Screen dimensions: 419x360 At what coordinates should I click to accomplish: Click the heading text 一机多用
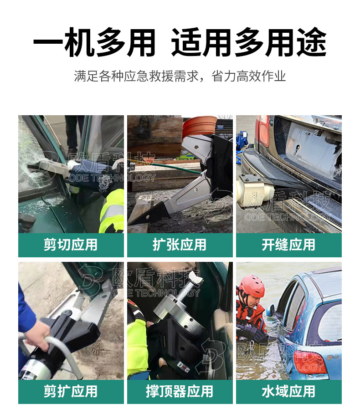point(94,44)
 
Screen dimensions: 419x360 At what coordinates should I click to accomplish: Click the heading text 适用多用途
point(249,44)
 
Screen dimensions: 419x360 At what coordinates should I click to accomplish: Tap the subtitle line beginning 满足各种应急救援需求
point(180,76)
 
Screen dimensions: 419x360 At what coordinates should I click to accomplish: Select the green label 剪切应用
point(71,245)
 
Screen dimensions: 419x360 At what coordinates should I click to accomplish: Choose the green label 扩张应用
point(180,245)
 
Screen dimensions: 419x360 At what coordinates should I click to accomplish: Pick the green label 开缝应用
point(288,245)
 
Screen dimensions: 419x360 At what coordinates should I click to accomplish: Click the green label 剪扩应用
point(71,391)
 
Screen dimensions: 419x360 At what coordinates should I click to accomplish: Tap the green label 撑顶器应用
point(180,391)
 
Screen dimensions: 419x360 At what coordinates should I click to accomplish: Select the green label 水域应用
point(288,391)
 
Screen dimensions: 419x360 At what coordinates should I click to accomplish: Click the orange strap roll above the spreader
point(200,125)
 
